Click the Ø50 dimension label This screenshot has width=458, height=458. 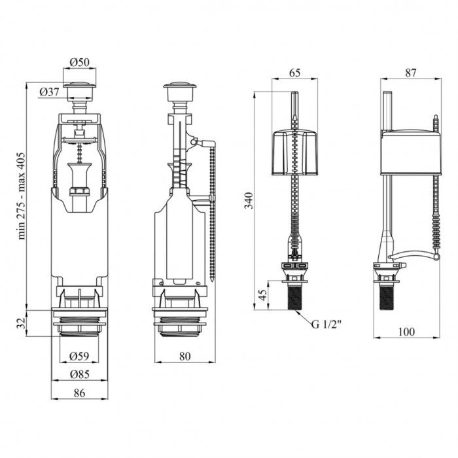[x=79, y=62]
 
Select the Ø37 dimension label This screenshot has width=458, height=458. [x=49, y=92]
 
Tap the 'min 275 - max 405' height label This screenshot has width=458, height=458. [x=22, y=196]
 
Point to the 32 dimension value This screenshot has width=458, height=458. [x=20, y=323]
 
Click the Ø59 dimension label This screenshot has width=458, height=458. [x=79, y=356]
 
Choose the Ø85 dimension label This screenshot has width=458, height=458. [x=80, y=374]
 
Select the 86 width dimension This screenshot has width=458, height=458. [x=79, y=393]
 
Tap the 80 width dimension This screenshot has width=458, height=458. [x=185, y=356]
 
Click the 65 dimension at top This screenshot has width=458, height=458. [x=294, y=73]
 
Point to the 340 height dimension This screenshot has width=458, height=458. [x=249, y=200]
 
